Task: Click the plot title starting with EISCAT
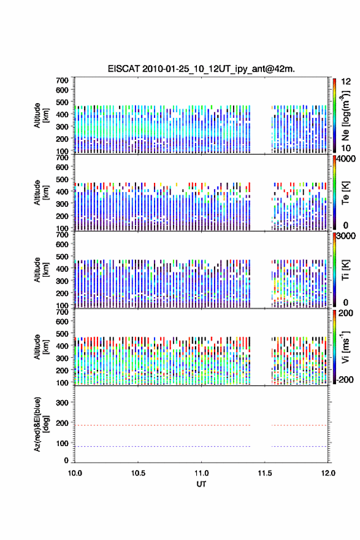[x=201, y=69]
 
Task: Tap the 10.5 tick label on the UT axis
[x=138, y=473]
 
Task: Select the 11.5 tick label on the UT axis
[x=265, y=473]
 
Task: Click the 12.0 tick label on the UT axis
[x=328, y=473]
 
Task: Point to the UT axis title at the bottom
[x=201, y=484]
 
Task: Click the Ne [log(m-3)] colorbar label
[x=345, y=116]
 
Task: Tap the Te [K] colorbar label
[x=345, y=193]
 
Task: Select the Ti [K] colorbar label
[x=345, y=270]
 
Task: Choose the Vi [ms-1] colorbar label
[x=345, y=347]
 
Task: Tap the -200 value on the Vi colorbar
[x=345, y=379]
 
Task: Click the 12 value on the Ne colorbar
[x=346, y=82]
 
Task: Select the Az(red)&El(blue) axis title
[x=41, y=424]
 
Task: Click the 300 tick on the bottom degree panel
[x=62, y=403]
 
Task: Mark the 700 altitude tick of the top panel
[x=62, y=80]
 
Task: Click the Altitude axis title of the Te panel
[x=41, y=193]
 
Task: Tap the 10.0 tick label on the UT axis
[x=75, y=473]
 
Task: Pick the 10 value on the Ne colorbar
[x=346, y=148]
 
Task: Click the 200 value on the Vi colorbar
[x=345, y=313]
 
